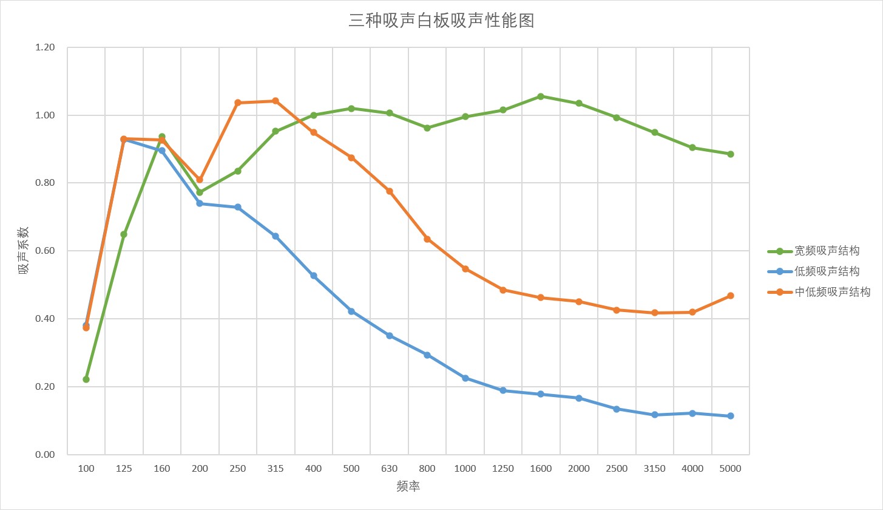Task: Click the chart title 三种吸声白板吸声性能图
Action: (441, 21)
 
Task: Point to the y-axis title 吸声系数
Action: (23, 251)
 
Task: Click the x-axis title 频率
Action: (408, 486)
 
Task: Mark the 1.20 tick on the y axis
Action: (45, 47)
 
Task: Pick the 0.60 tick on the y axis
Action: (45, 251)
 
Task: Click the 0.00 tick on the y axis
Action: (45, 454)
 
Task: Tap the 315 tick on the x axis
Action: (276, 469)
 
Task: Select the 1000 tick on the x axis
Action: (465, 469)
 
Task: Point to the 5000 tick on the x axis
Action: (730, 469)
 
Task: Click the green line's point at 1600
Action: (541, 97)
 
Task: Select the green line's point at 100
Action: (86, 379)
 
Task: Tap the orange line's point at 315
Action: (276, 101)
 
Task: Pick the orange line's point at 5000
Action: (731, 296)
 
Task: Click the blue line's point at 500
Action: (351, 311)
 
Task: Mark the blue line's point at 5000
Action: (731, 416)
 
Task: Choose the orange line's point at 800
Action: (427, 239)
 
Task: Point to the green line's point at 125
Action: (124, 234)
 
